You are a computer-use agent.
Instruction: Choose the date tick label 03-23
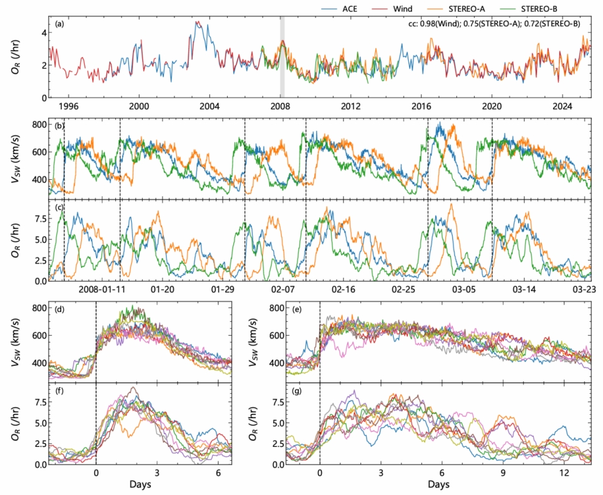click(585, 290)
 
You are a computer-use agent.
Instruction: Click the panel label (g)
click(282, 395)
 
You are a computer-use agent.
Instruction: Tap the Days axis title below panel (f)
click(140, 484)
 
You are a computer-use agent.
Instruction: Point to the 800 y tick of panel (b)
click(40, 124)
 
